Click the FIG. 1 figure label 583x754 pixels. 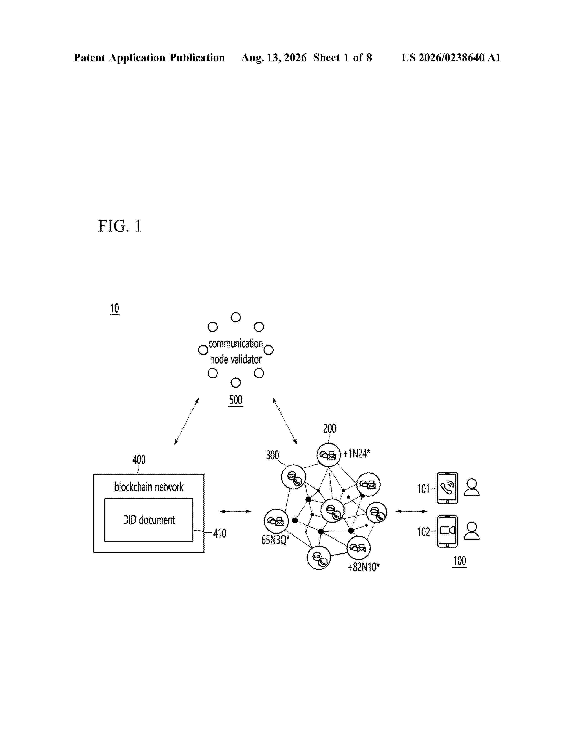click(120, 226)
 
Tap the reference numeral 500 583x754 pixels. click(235, 400)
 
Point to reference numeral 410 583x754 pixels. click(220, 533)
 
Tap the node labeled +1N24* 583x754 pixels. click(329, 455)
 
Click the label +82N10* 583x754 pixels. click(363, 567)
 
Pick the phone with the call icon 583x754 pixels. click(447, 488)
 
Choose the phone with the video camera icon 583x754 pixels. click(447, 531)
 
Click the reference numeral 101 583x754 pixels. click(423, 489)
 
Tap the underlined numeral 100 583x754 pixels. click(459, 561)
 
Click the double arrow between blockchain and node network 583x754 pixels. click(235, 511)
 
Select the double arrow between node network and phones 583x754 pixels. click(411, 511)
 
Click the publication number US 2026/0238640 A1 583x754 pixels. click(451, 58)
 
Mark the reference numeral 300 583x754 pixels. click(272, 455)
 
